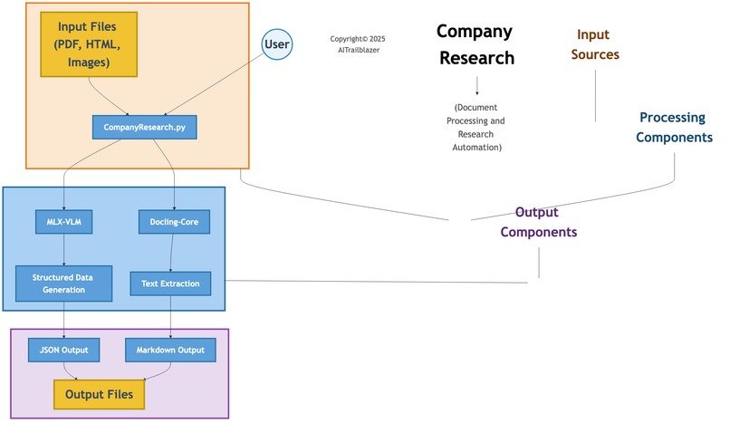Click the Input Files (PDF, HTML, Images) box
88,44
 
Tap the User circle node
278,43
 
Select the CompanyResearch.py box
144,129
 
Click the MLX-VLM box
63,220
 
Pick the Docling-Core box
175,220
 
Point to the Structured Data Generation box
63,284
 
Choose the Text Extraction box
170,284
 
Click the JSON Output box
63,350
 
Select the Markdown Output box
170,350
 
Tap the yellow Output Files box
99,395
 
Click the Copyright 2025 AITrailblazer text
358,44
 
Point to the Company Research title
475,45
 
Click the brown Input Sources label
597,44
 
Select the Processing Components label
674,128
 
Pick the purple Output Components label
539,222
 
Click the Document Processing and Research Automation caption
479,127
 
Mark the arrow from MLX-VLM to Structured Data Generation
63,249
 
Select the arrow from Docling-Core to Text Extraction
173,251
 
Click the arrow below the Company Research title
476,86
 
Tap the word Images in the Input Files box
89,62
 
